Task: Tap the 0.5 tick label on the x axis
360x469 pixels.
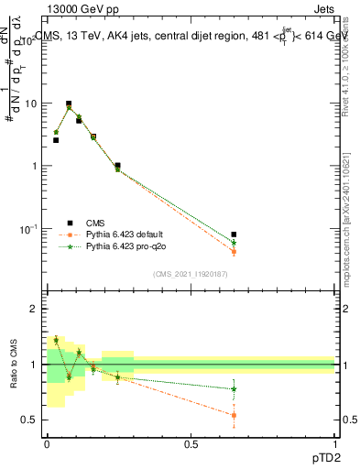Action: point(191,444)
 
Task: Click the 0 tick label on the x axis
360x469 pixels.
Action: point(47,444)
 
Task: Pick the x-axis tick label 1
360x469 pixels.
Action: point(334,444)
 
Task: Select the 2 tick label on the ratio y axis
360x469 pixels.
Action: point(36,310)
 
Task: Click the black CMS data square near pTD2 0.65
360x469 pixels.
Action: point(234,235)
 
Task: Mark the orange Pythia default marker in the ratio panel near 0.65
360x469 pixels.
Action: point(234,415)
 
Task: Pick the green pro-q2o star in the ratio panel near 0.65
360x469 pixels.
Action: point(234,389)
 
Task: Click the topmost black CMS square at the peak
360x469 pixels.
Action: point(68,104)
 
